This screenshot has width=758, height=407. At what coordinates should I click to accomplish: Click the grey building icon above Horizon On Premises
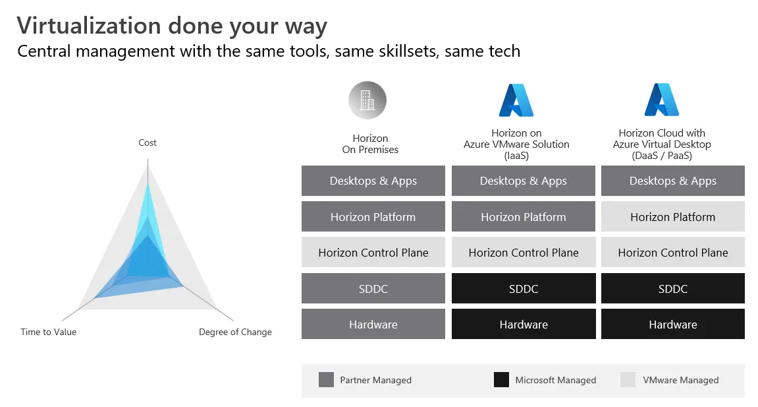coord(367,100)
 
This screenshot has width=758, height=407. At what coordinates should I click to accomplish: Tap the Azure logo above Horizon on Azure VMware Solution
coord(516,100)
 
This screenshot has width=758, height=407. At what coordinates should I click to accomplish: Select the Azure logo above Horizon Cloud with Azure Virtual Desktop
coord(662,100)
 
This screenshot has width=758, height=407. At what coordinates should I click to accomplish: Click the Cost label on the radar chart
coord(148,142)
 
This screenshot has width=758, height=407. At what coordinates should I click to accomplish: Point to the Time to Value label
coord(48,332)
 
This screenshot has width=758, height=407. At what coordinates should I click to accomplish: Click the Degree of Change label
coord(235,332)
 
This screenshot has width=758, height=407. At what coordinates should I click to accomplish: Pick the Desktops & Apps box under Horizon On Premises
coord(373,181)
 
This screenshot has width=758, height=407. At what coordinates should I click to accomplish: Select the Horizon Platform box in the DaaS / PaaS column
coord(673,217)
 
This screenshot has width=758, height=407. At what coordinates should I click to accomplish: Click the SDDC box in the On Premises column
coord(373,288)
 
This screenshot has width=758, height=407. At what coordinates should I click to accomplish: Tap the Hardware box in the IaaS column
coord(524,325)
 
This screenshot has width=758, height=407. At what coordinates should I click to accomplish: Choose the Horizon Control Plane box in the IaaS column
coord(524,253)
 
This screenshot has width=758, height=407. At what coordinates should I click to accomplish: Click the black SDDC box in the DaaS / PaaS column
coord(673,288)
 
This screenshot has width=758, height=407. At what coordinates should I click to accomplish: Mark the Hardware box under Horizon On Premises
coord(373,325)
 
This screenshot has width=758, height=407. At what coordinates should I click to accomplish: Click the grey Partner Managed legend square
coord(326,380)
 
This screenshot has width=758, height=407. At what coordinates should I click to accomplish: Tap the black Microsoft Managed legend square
coord(501,380)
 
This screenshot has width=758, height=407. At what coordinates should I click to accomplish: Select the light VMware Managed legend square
coord(628,380)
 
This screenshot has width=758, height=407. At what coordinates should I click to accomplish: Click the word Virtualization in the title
coord(89,26)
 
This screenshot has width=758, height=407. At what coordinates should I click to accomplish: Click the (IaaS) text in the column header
coord(516,156)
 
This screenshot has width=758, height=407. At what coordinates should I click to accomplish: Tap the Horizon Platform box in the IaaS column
coord(524,217)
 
